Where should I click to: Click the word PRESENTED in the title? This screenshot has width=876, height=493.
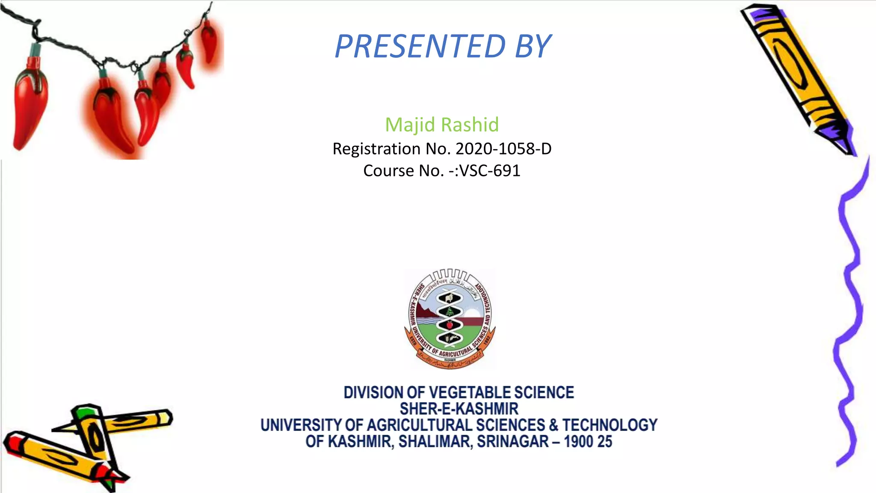tap(420, 46)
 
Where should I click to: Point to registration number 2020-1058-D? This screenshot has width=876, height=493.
tap(503, 149)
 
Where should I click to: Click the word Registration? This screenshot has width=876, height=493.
tap(376, 149)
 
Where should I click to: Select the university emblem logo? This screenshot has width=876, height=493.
tap(450, 319)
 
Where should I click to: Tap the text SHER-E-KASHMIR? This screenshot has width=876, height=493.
tap(459, 409)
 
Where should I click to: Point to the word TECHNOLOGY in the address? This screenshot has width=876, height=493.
tap(610, 425)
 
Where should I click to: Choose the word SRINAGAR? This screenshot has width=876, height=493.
tap(512, 441)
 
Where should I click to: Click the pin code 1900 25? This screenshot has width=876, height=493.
tap(588, 441)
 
